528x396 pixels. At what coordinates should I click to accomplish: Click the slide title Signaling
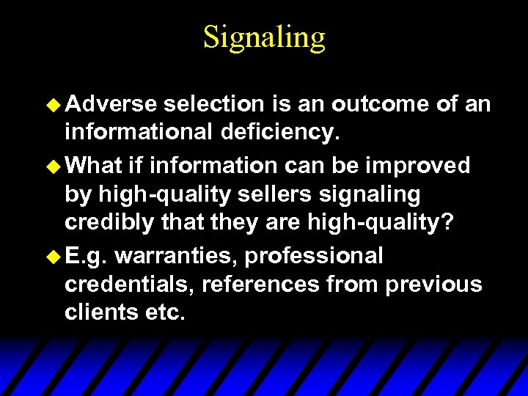[x=264, y=37]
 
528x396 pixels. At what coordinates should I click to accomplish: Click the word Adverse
[x=111, y=105]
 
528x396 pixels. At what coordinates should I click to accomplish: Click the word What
[x=93, y=166]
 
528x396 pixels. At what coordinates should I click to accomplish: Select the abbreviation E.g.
[x=87, y=256]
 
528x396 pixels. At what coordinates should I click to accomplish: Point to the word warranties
[x=177, y=256]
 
